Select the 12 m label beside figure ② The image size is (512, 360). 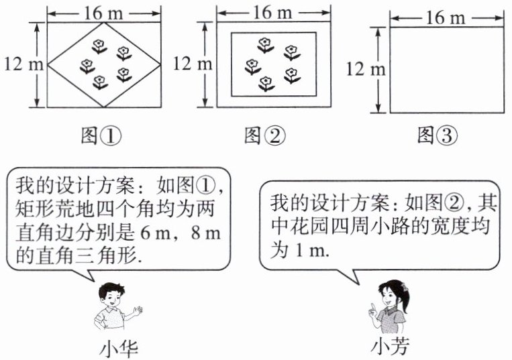(193, 64)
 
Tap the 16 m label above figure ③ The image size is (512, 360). (446, 18)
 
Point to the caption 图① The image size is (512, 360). (101, 137)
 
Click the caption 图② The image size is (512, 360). (264, 137)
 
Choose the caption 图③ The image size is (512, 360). (437, 137)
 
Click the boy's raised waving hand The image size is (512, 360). (138, 310)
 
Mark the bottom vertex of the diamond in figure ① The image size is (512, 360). (104, 107)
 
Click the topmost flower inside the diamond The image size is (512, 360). (99, 46)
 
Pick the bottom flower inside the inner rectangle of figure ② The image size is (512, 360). (267, 83)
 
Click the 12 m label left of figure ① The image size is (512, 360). (23, 64)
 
